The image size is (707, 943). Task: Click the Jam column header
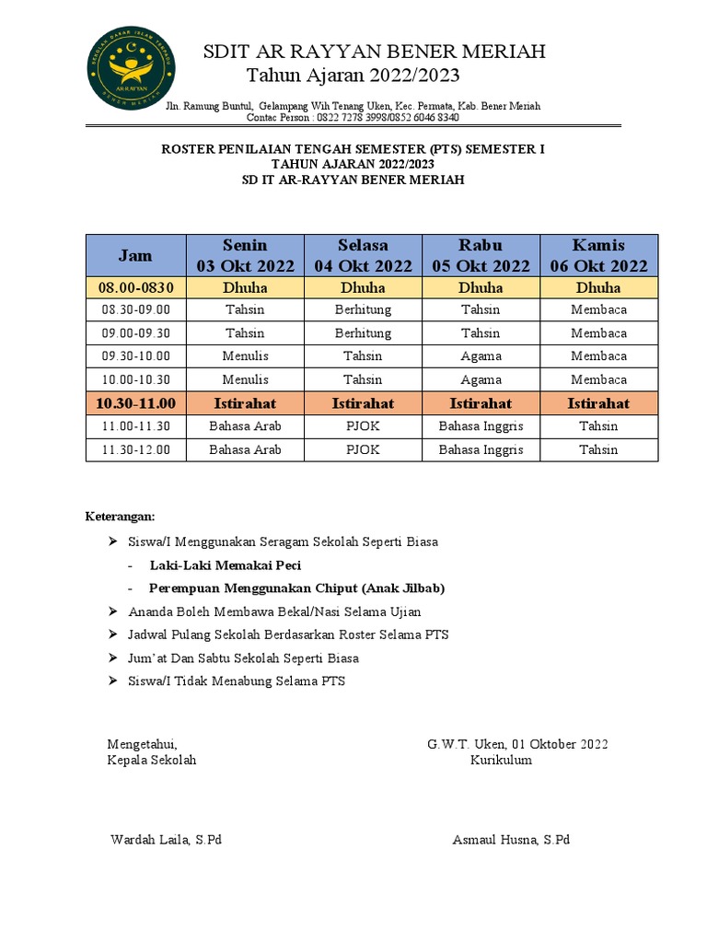(135, 255)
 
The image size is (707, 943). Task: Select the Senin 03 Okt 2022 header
(245, 255)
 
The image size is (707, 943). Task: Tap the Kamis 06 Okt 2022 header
(598, 255)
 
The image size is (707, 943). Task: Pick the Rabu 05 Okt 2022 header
(481, 255)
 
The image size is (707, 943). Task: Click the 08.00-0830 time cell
(136, 287)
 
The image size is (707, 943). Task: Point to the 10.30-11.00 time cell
(136, 403)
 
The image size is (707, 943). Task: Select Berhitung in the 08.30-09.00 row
(363, 309)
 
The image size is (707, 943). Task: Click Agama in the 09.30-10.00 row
(481, 356)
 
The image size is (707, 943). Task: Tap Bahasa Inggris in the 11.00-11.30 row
(481, 426)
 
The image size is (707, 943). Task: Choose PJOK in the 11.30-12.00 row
(363, 450)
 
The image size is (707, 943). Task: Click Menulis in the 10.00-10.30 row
(245, 379)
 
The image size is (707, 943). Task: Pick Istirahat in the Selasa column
(363, 403)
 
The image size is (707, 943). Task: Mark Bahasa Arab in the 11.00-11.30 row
(245, 426)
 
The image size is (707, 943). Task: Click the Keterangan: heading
(121, 516)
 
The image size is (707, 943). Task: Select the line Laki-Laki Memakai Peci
(225, 565)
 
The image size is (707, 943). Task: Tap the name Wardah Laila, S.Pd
(166, 840)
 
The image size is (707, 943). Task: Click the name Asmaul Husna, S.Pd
(511, 840)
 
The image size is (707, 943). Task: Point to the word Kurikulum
(501, 760)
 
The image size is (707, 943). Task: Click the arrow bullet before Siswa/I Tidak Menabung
(113, 681)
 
